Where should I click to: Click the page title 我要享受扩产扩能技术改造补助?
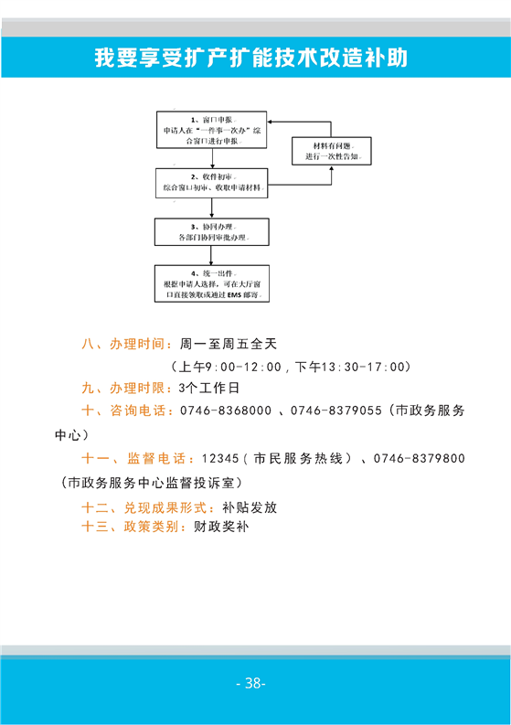tap(251, 58)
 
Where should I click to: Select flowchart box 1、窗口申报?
tap(212, 130)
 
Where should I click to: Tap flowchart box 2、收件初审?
tap(212, 183)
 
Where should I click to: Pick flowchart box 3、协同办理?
tap(212, 232)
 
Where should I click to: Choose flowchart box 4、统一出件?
tap(212, 284)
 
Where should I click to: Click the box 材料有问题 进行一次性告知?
tap(332, 151)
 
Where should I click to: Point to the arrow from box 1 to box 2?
tap(212, 158)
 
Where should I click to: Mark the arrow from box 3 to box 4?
tap(211, 255)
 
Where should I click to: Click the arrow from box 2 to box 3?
tap(212, 208)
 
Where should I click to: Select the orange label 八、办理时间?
tap(123, 344)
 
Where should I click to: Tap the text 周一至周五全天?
tap(229, 344)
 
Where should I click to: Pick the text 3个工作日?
tap(209, 388)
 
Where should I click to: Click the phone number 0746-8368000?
tap(226, 410)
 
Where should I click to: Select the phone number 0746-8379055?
tap(336, 410)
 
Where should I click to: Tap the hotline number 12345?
tap(220, 459)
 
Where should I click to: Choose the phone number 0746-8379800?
tap(420, 459)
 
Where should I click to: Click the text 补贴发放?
tap(250, 507)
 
